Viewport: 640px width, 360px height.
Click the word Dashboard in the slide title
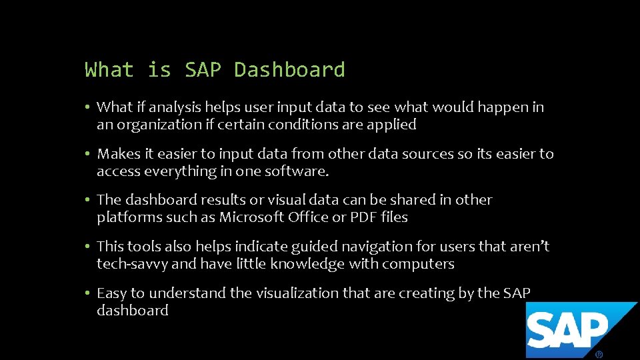(289, 70)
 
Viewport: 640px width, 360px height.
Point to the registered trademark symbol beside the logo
(599, 354)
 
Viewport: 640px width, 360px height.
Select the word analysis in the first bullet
(175, 107)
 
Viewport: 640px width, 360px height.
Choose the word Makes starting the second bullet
(118, 154)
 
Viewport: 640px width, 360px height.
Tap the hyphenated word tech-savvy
(132, 264)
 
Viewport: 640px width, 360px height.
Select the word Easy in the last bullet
(111, 293)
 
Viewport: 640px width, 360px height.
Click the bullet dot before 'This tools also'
(88, 247)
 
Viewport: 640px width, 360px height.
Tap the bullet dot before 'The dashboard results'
(88, 200)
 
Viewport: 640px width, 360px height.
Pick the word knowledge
(301, 264)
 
